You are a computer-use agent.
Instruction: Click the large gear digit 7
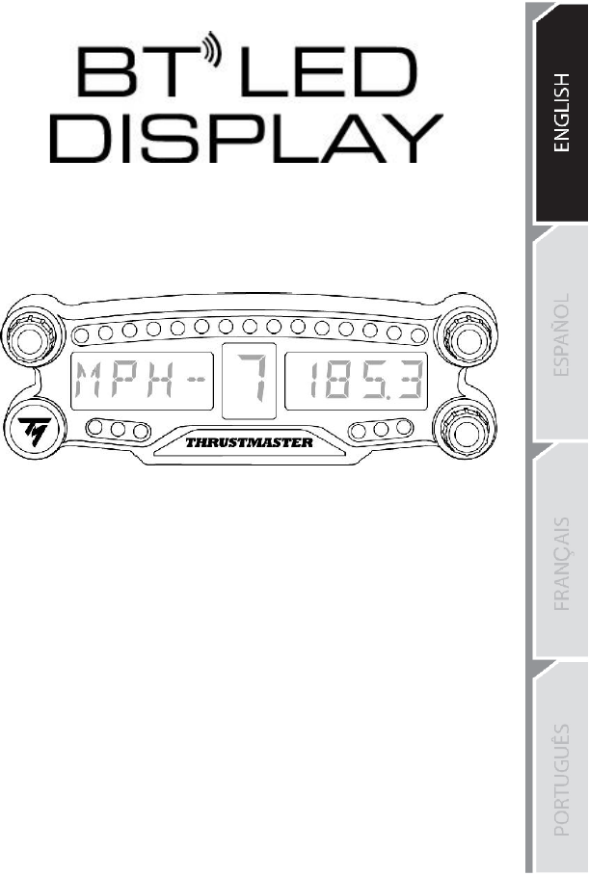pos(249,381)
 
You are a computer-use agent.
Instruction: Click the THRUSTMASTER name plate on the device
pos(249,443)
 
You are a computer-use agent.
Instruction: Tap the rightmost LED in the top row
pos(416,333)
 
